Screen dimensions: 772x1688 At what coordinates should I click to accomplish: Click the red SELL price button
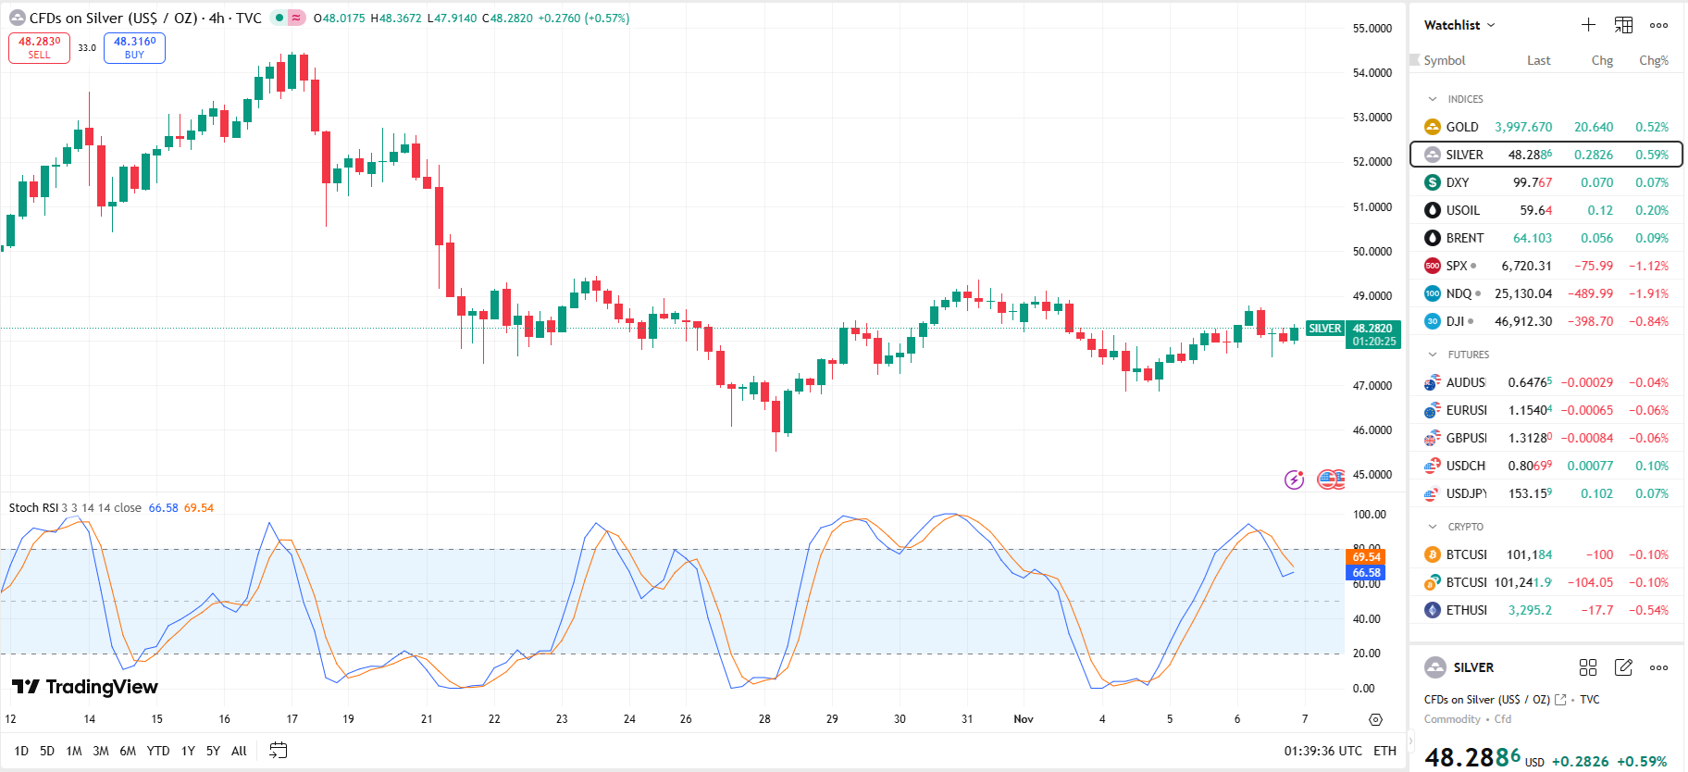tap(39, 47)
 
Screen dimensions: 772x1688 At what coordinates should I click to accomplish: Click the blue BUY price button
tap(134, 47)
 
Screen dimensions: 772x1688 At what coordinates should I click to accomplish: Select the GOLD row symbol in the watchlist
tap(1462, 127)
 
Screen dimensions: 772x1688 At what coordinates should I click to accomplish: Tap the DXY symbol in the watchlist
tap(1458, 182)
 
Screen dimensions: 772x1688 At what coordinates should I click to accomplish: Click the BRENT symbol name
tap(1464, 238)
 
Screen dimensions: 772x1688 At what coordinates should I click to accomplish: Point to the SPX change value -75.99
tap(1594, 266)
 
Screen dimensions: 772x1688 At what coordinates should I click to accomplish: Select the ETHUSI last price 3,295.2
tap(1530, 610)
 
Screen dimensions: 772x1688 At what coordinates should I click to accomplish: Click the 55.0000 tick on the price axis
tap(1372, 29)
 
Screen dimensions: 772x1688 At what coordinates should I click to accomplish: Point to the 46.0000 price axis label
tap(1372, 430)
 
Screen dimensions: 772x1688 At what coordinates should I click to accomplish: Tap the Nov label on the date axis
tap(1024, 719)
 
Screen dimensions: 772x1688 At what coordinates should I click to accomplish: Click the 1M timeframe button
tap(74, 751)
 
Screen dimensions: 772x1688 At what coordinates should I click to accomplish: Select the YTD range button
tap(158, 751)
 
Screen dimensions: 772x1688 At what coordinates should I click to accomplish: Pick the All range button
tap(239, 751)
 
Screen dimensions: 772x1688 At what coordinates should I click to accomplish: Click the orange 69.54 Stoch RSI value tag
tap(1366, 556)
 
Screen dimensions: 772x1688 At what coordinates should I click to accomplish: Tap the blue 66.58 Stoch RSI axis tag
tap(1366, 573)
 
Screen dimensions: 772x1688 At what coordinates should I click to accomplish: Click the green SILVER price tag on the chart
tap(1324, 329)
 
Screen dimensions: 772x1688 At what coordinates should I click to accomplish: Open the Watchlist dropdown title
tap(1458, 25)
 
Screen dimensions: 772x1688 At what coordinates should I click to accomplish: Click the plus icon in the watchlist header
tap(1588, 25)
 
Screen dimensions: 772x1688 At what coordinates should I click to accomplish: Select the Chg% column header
tap(1654, 60)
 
